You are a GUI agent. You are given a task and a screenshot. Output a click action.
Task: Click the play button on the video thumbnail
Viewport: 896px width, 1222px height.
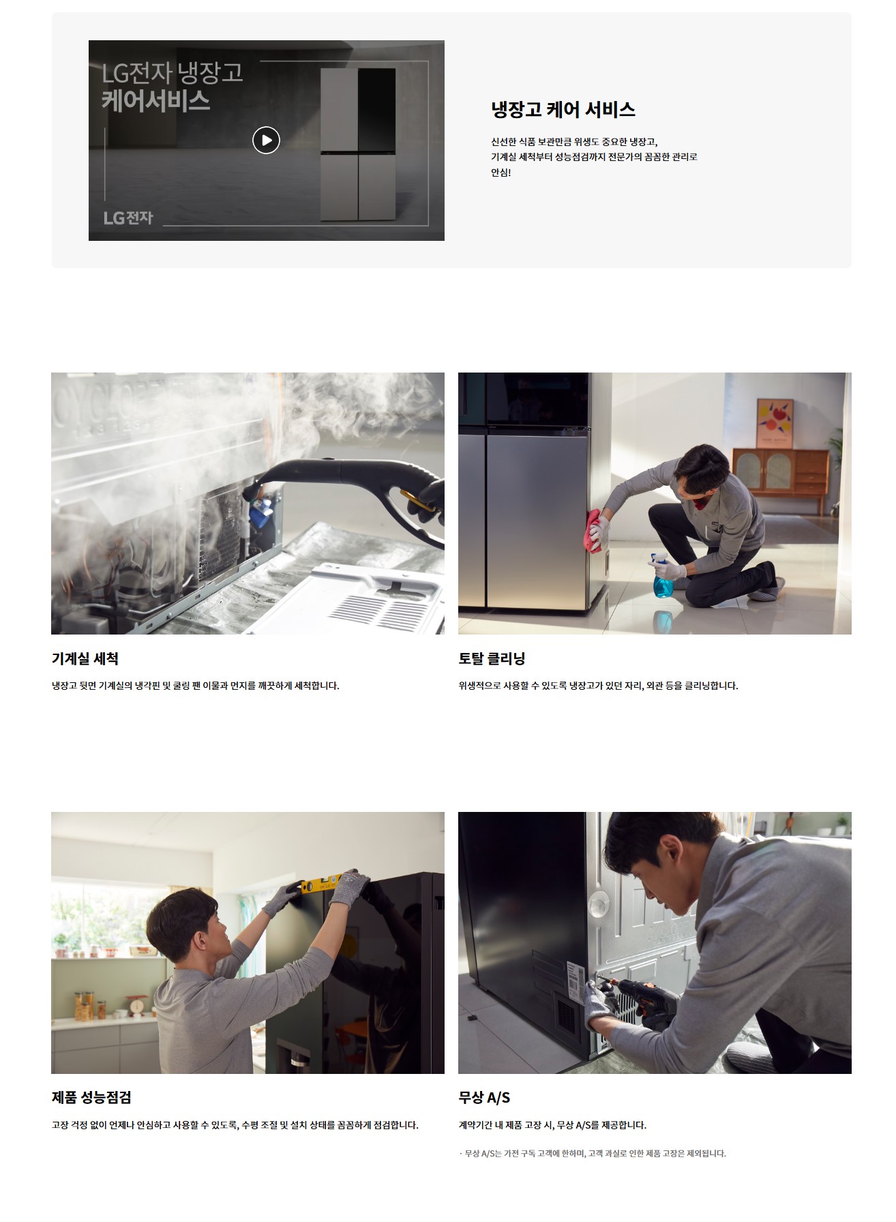pos(266,140)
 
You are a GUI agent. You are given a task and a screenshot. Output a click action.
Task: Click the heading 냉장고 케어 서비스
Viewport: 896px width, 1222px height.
pos(563,110)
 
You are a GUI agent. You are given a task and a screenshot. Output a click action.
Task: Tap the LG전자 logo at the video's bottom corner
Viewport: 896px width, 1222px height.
pos(128,218)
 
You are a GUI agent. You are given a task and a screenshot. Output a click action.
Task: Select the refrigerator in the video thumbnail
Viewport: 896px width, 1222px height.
pos(358,144)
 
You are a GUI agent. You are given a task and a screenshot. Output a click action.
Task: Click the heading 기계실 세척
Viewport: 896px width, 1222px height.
pos(85,658)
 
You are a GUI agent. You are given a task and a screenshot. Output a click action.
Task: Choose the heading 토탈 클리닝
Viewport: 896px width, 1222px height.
pos(492,658)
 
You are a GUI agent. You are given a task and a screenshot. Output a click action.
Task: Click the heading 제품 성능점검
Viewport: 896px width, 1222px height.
pos(91,1097)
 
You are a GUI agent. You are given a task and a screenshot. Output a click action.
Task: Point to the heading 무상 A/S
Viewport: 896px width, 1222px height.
pos(484,1097)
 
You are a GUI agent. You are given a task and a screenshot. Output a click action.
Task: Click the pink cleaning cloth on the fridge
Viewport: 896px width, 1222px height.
pos(595,529)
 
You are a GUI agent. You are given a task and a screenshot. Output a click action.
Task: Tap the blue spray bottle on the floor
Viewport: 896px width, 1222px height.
pos(662,577)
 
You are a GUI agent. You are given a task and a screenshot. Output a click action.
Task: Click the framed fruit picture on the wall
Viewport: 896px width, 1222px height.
pos(775,423)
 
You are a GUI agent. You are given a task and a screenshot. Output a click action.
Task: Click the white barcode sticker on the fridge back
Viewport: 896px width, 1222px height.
pos(576,982)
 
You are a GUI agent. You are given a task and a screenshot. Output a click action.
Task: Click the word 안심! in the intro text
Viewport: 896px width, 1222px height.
pos(501,173)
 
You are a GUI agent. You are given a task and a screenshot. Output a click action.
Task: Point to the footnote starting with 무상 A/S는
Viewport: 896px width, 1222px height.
pos(593,1153)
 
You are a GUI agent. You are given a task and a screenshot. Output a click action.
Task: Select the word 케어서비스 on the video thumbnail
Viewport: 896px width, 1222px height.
pos(156,101)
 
